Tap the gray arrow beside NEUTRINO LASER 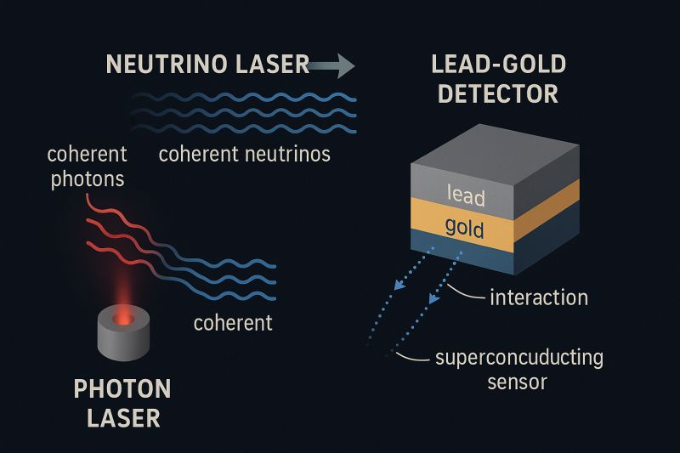(x=332, y=66)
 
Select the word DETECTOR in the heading (x=498, y=93)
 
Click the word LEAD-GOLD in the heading (x=499, y=64)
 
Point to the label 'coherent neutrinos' (x=245, y=155)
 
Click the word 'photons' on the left (x=88, y=179)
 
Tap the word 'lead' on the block (x=466, y=195)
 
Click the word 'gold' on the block (x=464, y=228)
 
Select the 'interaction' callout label (x=539, y=297)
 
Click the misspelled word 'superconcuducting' (x=519, y=359)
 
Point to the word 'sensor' (x=518, y=382)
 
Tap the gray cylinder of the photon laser (x=123, y=333)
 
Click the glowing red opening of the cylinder (x=123, y=319)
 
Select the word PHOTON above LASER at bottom (x=122, y=389)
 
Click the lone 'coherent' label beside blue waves (x=233, y=323)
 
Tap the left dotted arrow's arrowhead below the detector (x=399, y=285)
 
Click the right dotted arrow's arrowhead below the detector (x=434, y=297)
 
